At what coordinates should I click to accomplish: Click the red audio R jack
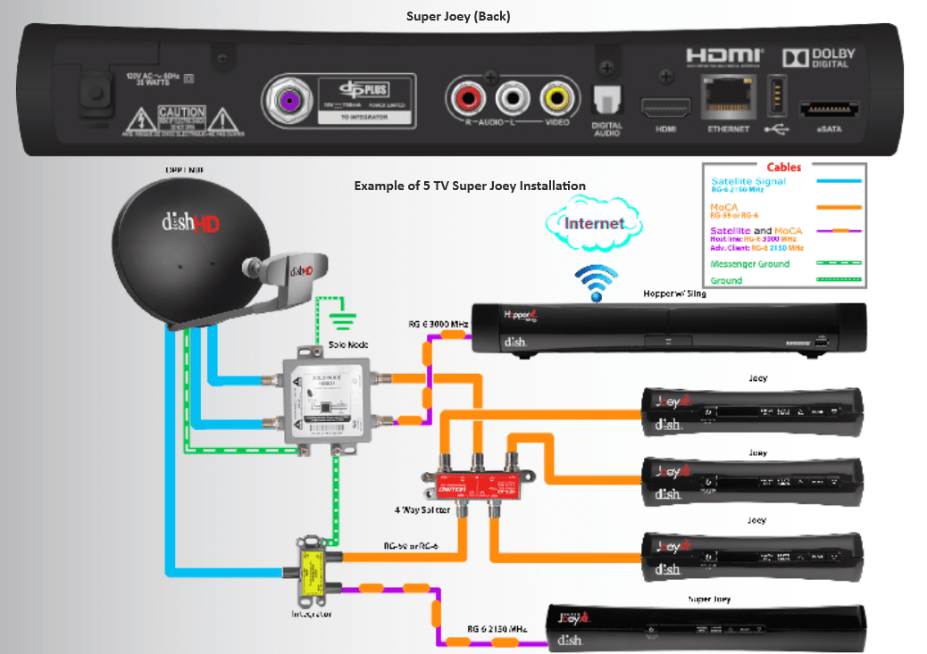click(x=467, y=95)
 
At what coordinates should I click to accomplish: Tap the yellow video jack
click(x=557, y=95)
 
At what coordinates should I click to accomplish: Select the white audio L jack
click(x=513, y=95)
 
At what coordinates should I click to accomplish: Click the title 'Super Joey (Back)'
click(x=458, y=16)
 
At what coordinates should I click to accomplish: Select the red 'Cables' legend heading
click(x=784, y=167)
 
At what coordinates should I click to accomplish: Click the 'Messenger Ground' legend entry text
click(x=749, y=264)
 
